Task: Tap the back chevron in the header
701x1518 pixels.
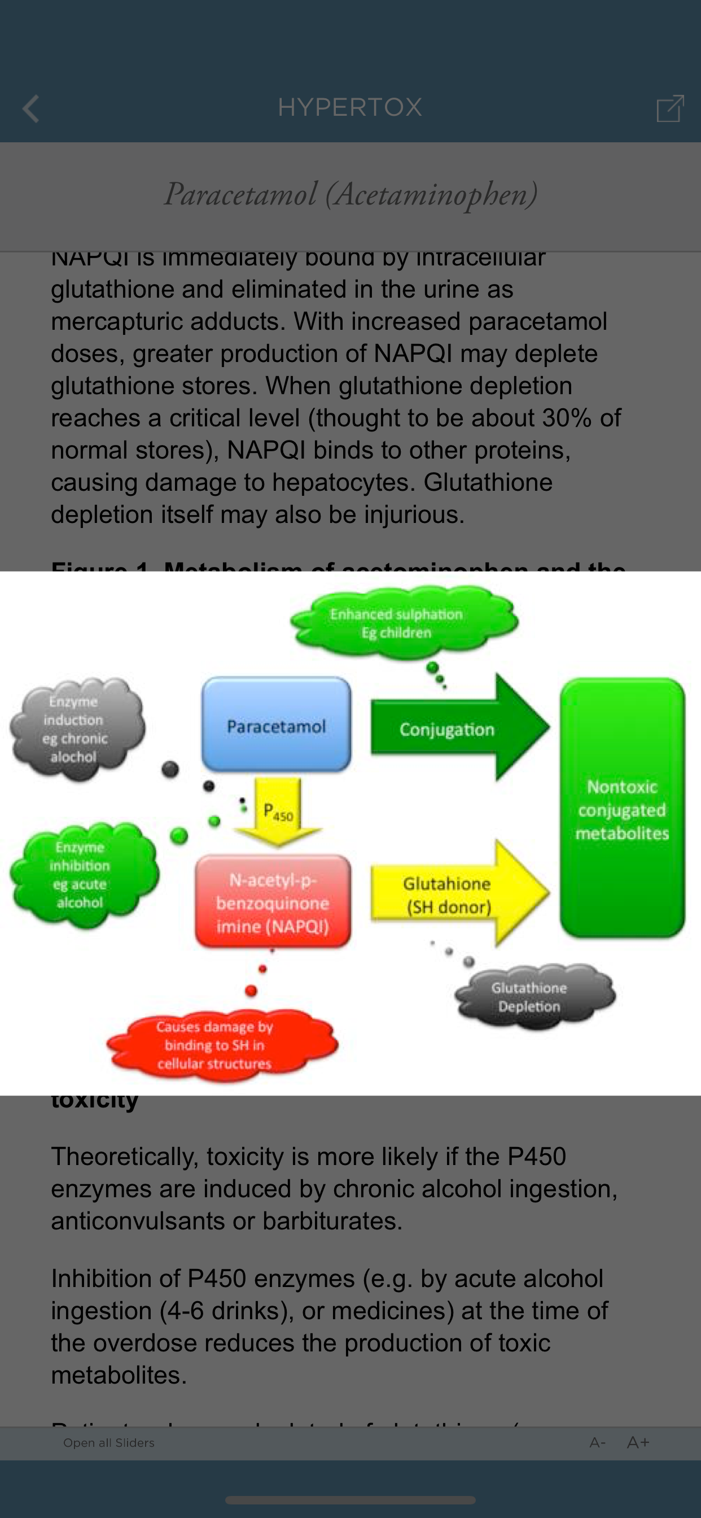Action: (30, 108)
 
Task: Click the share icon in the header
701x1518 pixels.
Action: (670, 108)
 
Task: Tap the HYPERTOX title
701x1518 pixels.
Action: (350, 107)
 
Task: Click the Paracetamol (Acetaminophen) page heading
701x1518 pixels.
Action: (350, 194)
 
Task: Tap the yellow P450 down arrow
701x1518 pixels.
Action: (278, 812)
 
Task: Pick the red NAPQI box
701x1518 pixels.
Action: (273, 902)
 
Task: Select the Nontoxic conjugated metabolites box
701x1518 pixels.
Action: (622, 809)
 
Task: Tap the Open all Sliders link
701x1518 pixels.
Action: (109, 1442)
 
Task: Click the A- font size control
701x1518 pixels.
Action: (597, 1442)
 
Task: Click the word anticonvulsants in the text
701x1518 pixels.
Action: (137, 1220)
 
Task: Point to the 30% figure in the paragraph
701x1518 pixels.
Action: (566, 418)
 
